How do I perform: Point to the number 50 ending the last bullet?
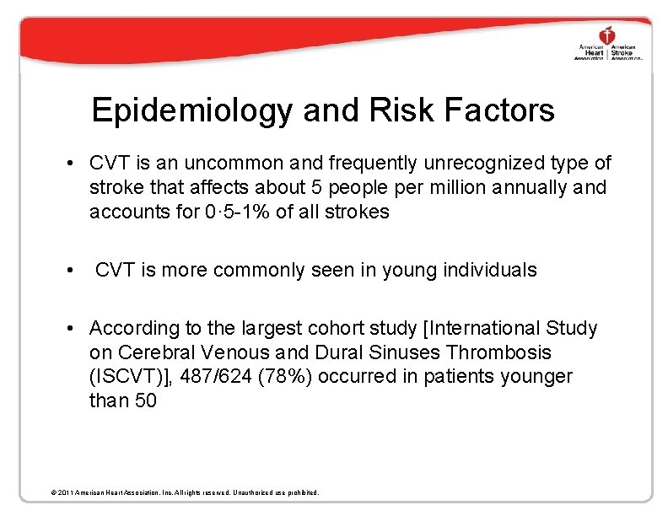pyautogui.click(x=145, y=400)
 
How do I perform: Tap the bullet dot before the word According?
pyautogui.click(x=75, y=328)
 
